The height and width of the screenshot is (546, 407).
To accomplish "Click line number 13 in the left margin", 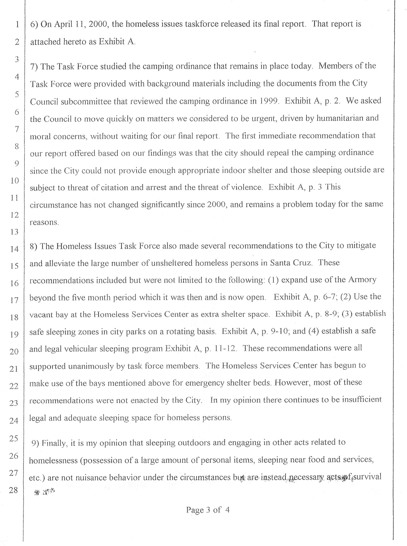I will click(x=14, y=232).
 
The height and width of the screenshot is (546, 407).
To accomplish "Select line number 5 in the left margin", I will click(x=16, y=94).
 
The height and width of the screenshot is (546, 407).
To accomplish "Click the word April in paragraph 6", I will click(x=64, y=24).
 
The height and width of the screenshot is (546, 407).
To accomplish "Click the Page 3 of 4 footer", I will click(x=208, y=510).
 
